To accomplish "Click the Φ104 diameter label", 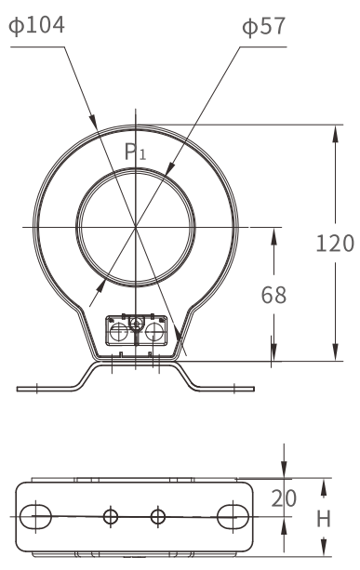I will [37, 25].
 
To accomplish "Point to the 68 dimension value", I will [273, 296].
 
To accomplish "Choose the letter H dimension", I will [325, 517].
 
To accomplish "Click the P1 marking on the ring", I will [136, 153].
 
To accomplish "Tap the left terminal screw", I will [118, 331].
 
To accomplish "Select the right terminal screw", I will [154, 331].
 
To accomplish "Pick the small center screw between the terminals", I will [137, 324].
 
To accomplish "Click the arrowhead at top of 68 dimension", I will [273, 231].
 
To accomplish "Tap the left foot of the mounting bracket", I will [47, 384].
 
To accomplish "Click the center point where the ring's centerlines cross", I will [136, 226].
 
